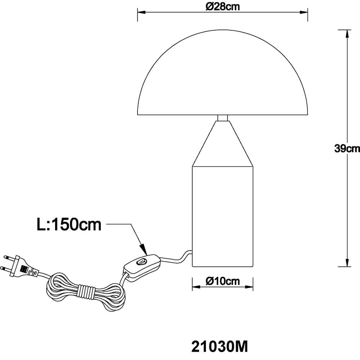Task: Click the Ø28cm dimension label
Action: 222,6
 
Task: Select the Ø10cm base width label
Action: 222,281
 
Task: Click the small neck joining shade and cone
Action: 222,118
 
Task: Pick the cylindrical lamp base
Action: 222,216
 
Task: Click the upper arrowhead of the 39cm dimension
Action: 347,33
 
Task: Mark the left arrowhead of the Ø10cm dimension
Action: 196,287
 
